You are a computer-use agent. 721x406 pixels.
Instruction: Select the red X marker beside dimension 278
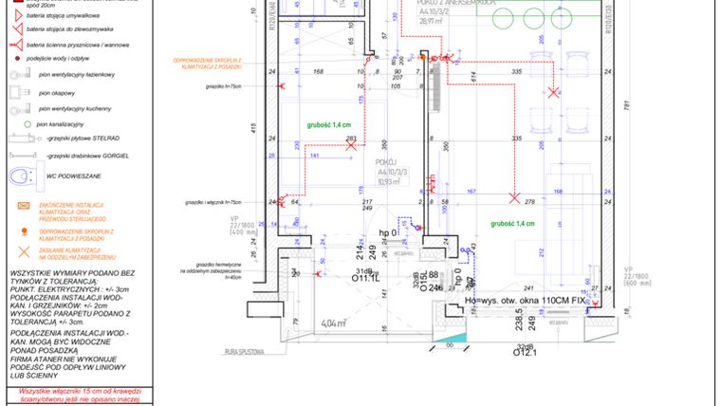point(514,198)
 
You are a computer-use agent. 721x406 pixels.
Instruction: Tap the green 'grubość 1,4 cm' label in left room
point(328,124)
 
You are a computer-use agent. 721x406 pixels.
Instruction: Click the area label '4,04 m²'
point(333,323)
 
